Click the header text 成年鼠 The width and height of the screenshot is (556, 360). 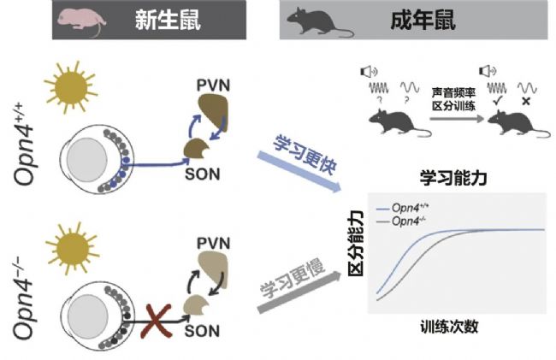click(423, 20)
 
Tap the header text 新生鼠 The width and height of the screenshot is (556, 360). click(168, 20)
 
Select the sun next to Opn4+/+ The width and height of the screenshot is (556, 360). click(70, 87)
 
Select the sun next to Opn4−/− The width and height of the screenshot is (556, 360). click(73, 249)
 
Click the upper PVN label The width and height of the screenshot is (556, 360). click(214, 86)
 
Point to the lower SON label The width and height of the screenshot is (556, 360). click(202, 331)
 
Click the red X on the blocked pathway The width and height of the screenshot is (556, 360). click(156, 321)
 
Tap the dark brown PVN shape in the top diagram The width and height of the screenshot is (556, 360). click(214, 111)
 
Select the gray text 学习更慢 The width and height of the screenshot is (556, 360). click(293, 279)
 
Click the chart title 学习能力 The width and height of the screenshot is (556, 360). click(453, 178)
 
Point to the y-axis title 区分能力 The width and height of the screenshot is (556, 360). click(356, 243)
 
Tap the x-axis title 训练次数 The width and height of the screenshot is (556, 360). click(449, 327)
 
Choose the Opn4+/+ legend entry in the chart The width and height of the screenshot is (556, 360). click(403, 208)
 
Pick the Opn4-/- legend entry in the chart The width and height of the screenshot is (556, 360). click(401, 221)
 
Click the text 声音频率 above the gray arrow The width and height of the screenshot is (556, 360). click(453, 92)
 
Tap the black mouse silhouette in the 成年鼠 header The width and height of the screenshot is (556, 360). click(320, 22)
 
